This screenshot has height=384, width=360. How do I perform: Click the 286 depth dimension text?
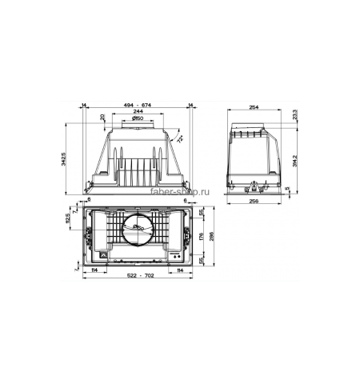211,237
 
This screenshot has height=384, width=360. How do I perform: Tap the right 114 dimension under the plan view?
181,270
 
